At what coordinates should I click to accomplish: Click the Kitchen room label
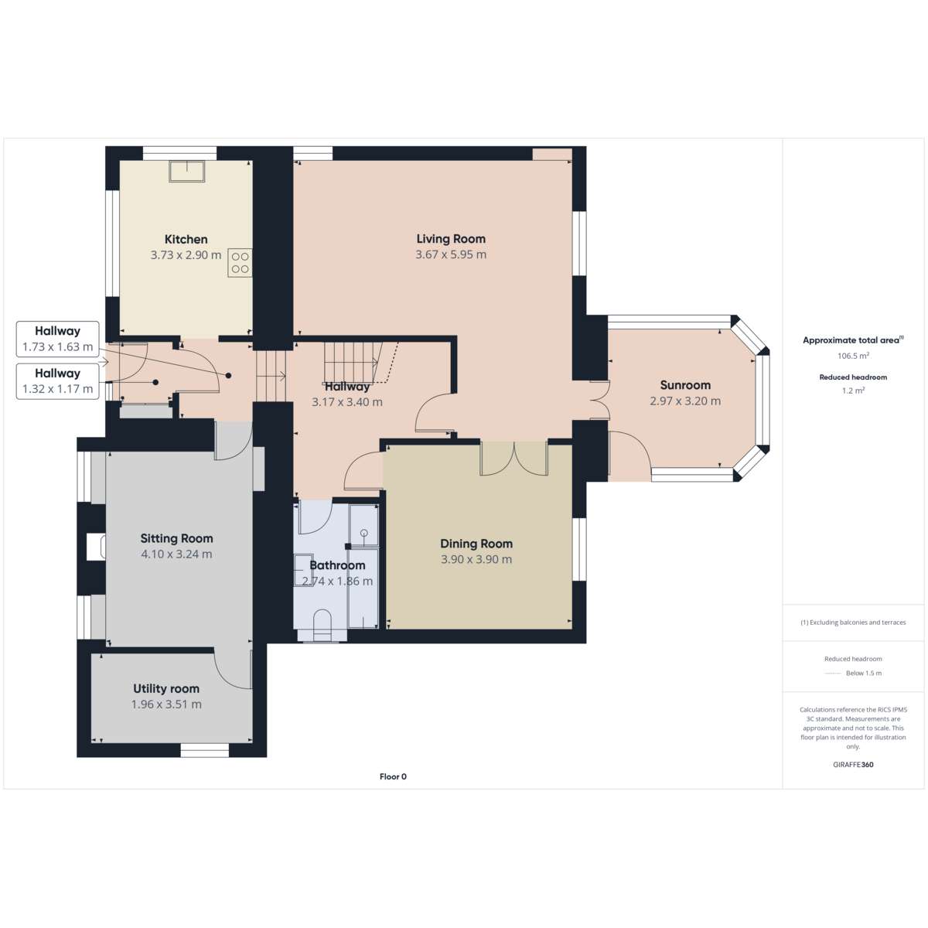(186, 239)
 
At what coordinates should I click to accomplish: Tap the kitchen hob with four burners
(240, 262)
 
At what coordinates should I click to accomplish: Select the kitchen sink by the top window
(187, 171)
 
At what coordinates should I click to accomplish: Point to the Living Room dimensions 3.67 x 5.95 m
(451, 254)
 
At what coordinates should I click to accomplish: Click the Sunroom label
(685, 385)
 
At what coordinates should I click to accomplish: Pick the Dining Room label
(476, 544)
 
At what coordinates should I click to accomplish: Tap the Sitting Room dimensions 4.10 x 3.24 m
(176, 554)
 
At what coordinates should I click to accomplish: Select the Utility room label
(166, 689)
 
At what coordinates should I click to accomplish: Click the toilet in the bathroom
(322, 625)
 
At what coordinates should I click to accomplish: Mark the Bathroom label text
(337, 565)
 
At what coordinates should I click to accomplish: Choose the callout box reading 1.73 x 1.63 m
(58, 339)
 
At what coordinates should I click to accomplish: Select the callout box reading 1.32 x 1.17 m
(58, 381)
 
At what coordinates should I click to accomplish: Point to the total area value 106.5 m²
(853, 356)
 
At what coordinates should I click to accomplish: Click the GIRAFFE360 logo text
(853, 764)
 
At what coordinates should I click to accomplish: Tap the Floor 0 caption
(393, 776)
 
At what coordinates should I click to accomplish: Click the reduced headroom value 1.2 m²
(853, 391)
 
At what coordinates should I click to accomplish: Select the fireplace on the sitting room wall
(96, 547)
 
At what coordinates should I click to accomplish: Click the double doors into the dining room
(514, 459)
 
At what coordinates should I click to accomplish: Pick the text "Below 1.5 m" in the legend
(864, 674)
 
